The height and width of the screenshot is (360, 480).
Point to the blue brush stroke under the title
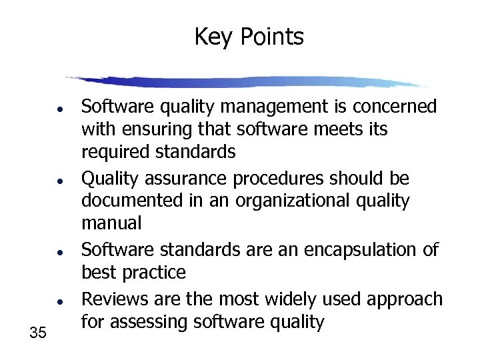click(247, 82)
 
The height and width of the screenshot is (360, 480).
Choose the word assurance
click(185, 179)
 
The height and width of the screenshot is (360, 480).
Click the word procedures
click(275, 179)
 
